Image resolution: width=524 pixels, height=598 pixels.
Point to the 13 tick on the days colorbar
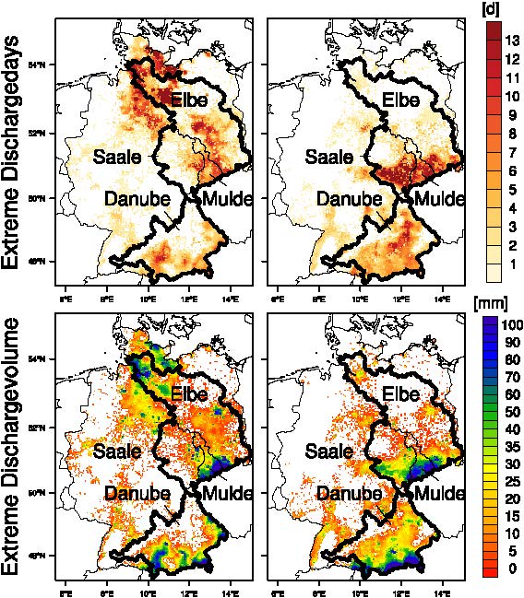click(512, 40)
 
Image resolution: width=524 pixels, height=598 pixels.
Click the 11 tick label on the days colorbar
click(512, 77)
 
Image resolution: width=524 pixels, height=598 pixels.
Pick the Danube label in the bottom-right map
click(348, 493)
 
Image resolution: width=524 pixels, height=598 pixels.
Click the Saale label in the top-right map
click(329, 157)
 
